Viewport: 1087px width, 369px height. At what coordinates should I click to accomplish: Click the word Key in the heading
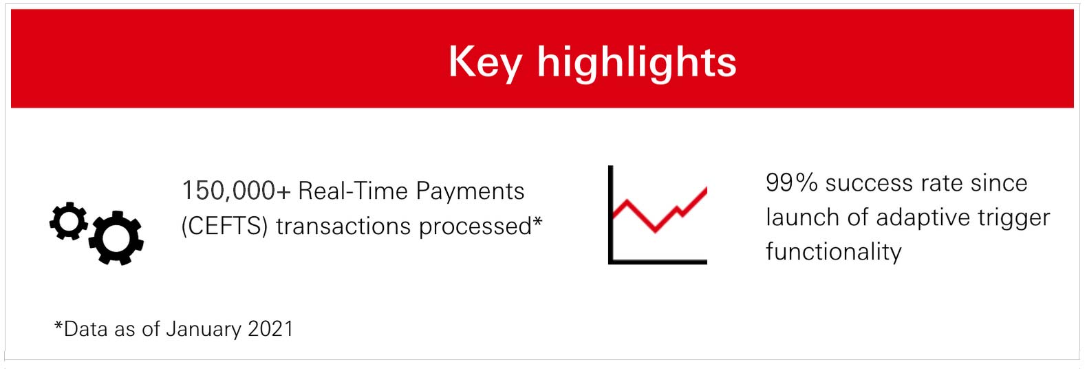pyautogui.click(x=485, y=62)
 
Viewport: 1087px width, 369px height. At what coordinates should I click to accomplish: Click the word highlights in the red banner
pyautogui.click(x=636, y=62)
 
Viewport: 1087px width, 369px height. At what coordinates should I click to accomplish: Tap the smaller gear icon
pyautogui.click(x=69, y=221)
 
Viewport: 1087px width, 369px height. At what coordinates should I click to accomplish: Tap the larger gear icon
pyautogui.click(x=116, y=238)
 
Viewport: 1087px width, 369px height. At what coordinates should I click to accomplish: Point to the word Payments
pyautogui.click(x=470, y=191)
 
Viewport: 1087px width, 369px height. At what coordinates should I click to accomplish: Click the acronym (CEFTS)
pyautogui.click(x=224, y=226)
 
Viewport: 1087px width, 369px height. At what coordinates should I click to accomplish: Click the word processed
pyautogui.click(x=475, y=226)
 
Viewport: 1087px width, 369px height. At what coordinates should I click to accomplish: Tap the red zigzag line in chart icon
pyautogui.click(x=657, y=213)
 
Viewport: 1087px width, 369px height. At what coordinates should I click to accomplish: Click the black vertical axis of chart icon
pyautogui.click(x=610, y=213)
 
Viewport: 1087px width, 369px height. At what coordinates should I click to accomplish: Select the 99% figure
pyautogui.click(x=791, y=183)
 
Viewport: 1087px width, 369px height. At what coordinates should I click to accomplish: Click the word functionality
pyautogui.click(x=833, y=252)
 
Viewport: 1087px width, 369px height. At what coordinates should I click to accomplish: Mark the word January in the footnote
pyautogui.click(x=204, y=329)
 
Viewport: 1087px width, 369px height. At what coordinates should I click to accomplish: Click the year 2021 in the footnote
pyautogui.click(x=270, y=329)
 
